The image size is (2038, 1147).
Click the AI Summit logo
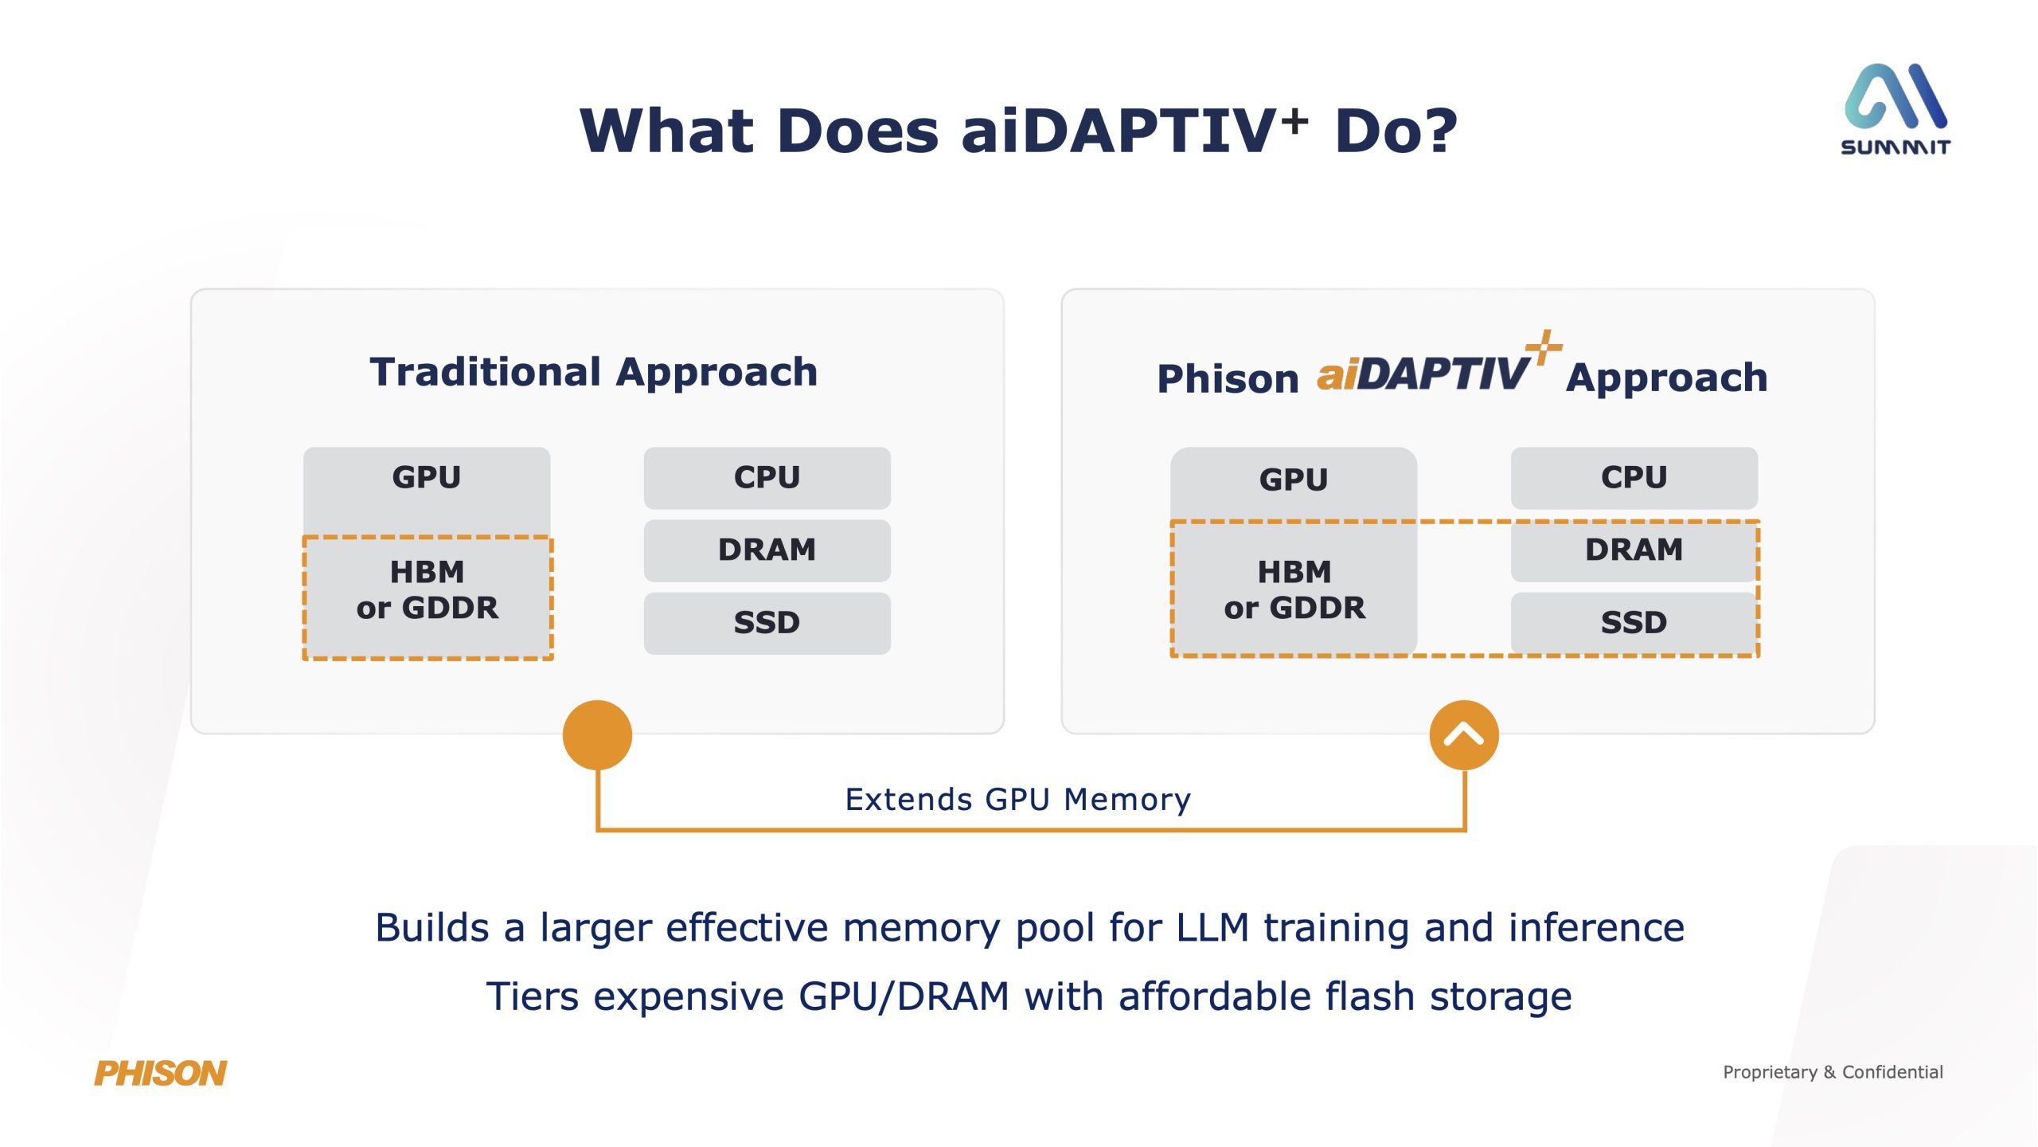click(1895, 108)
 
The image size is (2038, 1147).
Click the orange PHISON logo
click(160, 1073)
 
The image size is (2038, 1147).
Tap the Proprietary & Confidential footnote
click(1833, 1072)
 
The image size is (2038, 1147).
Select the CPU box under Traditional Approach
click(767, 478)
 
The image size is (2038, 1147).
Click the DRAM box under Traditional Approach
click(767, 550)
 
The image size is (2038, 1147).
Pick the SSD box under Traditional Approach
click(767, 623)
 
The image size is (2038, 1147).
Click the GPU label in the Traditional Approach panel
click(427, 478)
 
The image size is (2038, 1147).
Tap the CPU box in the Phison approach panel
click(1634, 478)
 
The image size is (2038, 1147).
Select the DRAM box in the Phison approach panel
click(1634, 550)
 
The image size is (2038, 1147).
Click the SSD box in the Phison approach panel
click(1634, 623)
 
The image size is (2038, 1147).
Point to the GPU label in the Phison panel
click(1294, 480)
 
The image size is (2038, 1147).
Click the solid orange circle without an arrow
click(597, 734)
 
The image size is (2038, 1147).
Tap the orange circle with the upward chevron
click(1463, 734)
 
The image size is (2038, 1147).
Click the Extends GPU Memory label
click(1017, 799)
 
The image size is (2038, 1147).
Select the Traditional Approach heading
click(594, 372)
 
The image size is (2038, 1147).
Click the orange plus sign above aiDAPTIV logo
click(1544, 347)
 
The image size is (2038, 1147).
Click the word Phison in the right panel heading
click(1228, 378)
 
